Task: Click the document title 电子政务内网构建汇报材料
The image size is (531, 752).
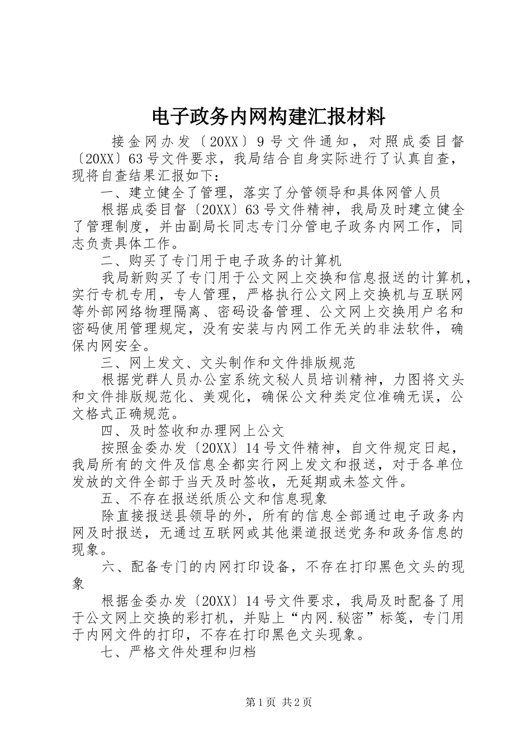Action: [x=268, y=117]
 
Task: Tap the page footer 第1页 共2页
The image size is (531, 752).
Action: [x=278, y=702]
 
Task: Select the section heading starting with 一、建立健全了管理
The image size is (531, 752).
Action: [x=272, y=192]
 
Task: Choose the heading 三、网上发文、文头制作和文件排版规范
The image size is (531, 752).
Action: [x=228, y=363]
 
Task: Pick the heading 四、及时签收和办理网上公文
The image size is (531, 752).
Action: [x=193, y=430]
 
